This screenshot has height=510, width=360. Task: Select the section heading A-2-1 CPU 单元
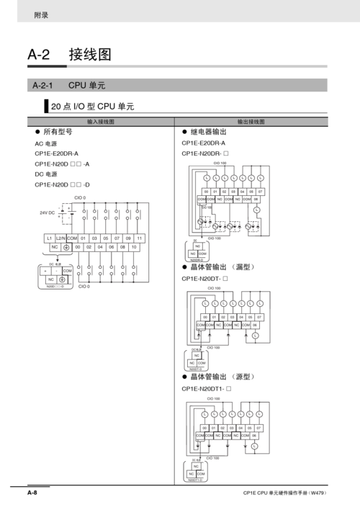coord(69,85)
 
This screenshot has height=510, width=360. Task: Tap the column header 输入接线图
coord(101,122)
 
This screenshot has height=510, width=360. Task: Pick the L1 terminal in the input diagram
coord(49,238)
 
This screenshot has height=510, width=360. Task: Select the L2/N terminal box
coord(60,238)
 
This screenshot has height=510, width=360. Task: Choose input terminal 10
coord(134,247)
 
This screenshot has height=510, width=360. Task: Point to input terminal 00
coord(78,247)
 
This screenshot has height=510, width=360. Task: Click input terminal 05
coord(106,238)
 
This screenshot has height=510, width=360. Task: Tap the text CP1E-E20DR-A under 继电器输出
coord(203,143)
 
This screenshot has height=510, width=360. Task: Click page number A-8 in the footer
coord(32,493)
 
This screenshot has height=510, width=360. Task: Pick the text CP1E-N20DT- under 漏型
coord(204,278)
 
